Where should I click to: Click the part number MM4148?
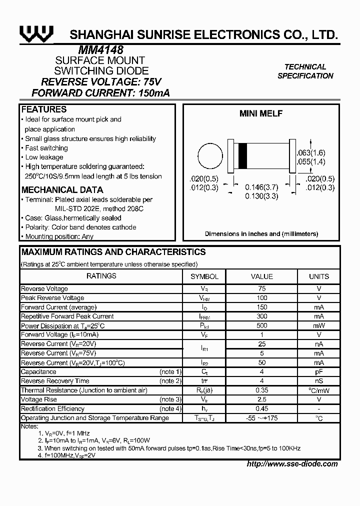click(100, 50)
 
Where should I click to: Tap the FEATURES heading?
click(44, 109)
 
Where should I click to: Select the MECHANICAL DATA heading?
click(62, 190)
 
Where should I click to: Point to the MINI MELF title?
click(260, 113)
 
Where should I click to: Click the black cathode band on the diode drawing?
click(242, 155)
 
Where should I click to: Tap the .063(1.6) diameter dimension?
click(311, 152)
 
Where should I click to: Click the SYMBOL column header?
click(204, 276)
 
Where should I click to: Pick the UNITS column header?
click(318, 276)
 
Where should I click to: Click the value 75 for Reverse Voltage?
click(261, 288)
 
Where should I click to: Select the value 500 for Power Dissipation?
click(261, 325)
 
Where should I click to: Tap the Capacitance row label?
click(38, 371)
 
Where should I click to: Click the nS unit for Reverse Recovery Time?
click(318, 381)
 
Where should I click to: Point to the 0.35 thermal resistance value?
click(261, 390)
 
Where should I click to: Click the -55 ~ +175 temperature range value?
click(261, 418)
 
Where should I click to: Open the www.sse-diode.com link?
click(292, 464)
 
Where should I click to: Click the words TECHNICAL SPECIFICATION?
click(305, 71)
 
